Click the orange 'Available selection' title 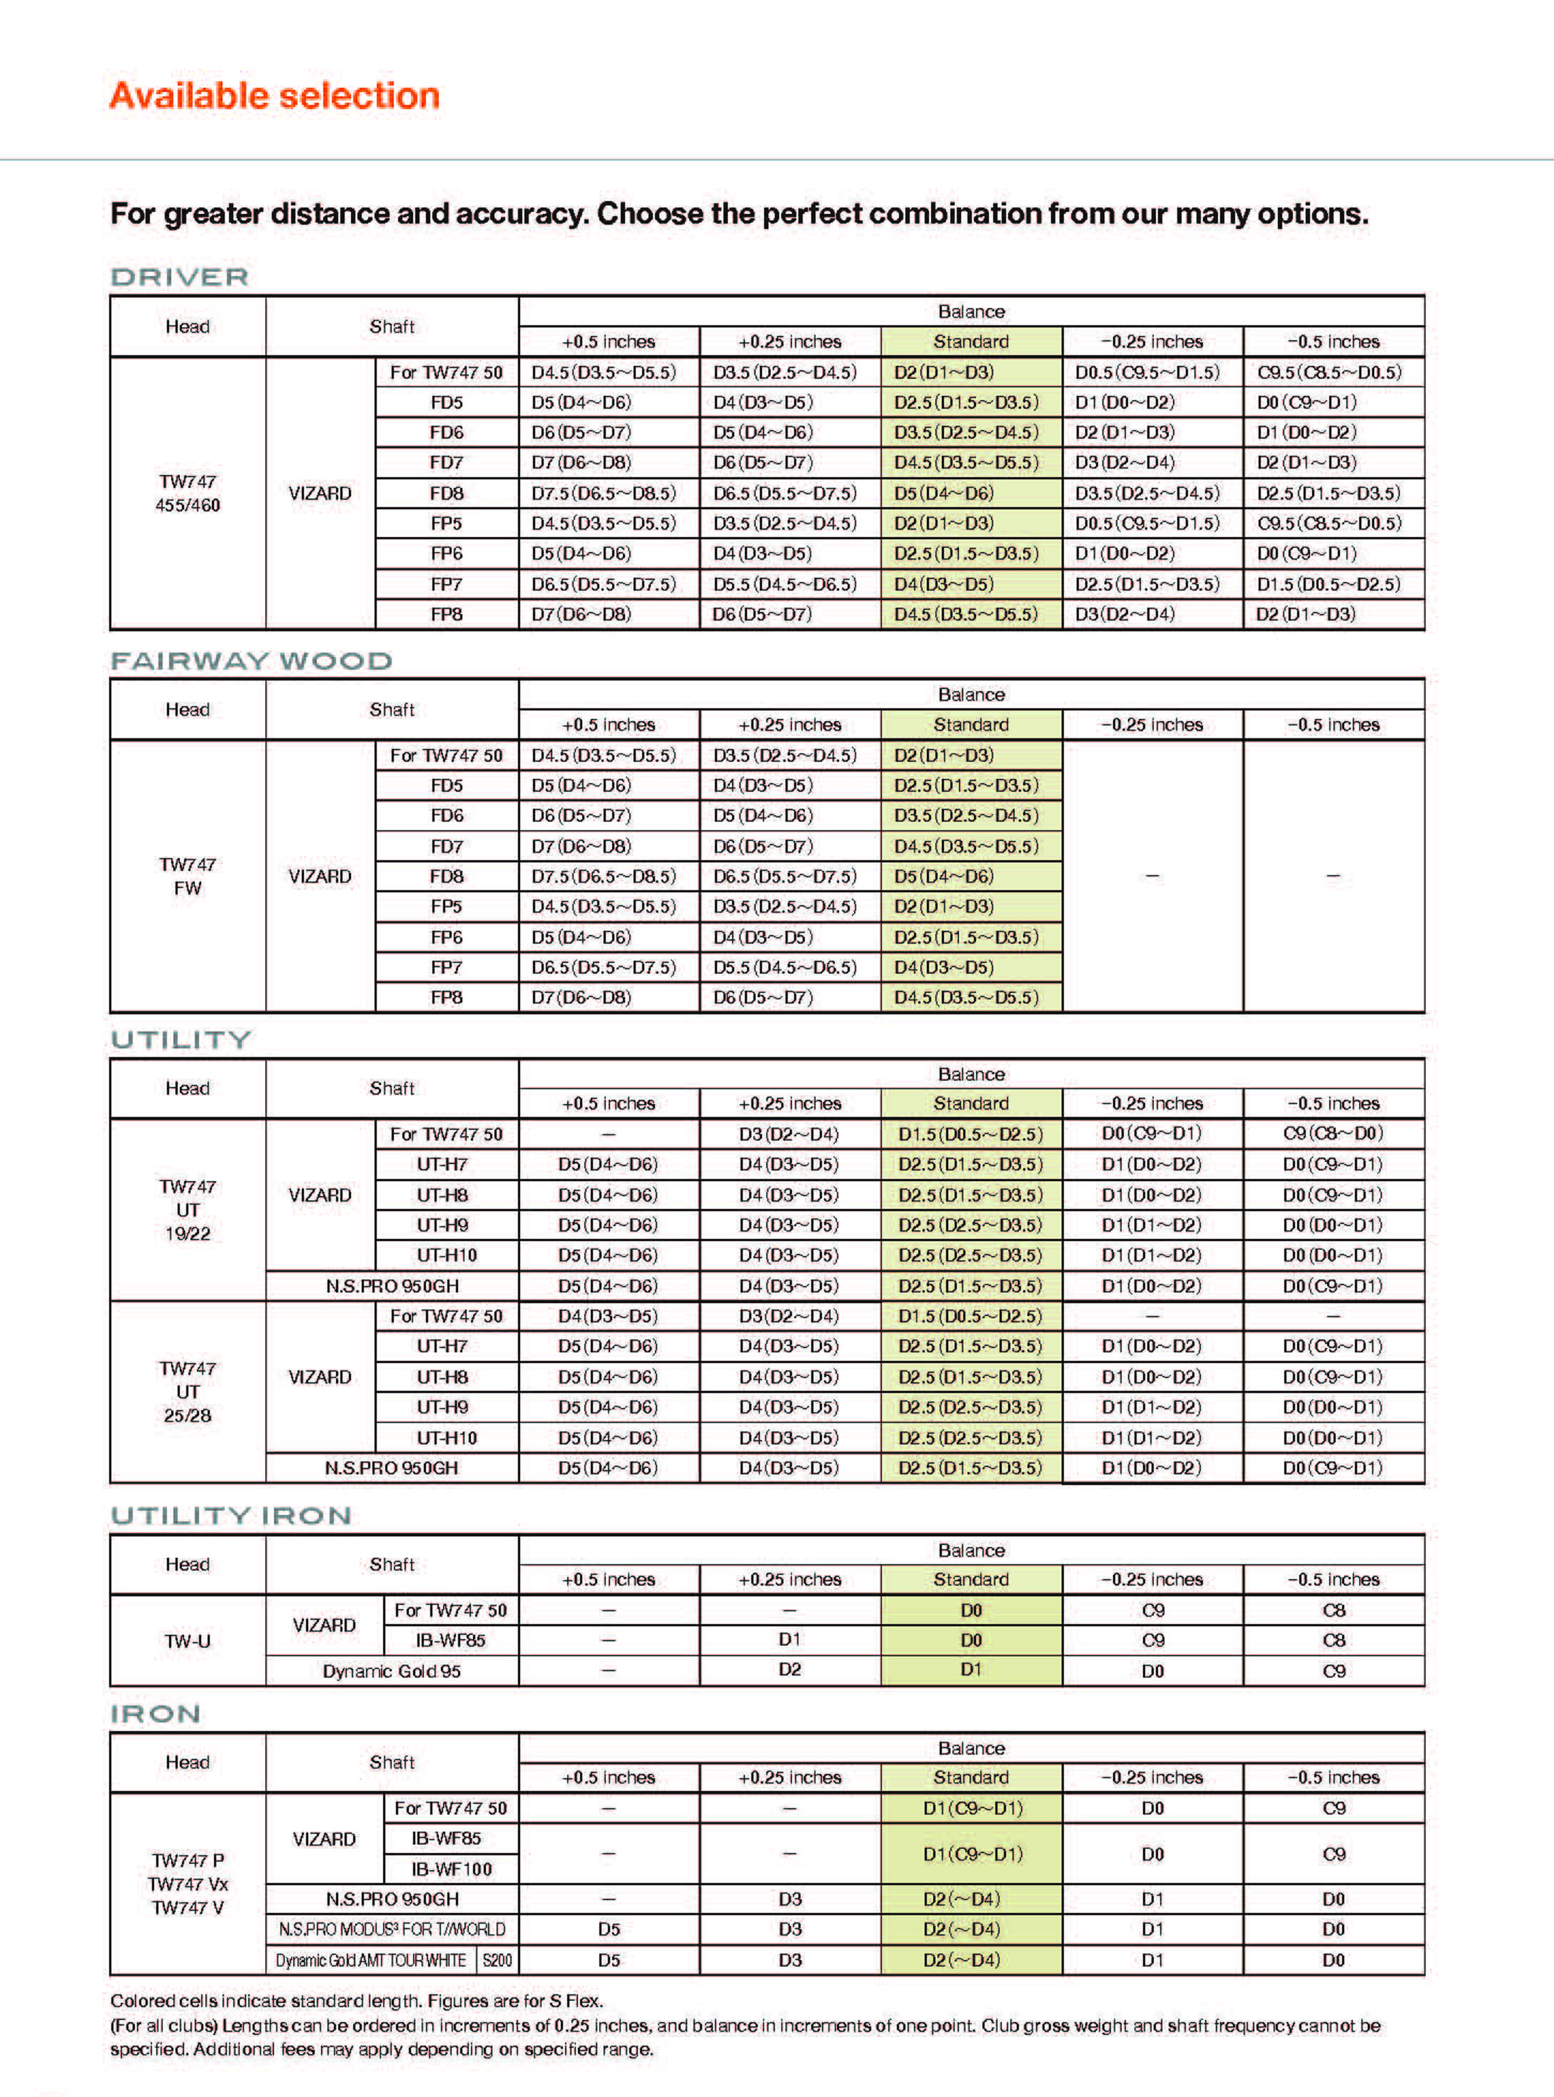(274, 96)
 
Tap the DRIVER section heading (180, 277)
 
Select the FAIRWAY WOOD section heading (251, 661)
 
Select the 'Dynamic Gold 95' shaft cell (391, 1671)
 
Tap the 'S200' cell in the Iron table (497, 1961)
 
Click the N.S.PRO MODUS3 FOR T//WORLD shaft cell (391, 1929)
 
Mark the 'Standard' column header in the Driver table (971, 342)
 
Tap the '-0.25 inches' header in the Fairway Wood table (1152, 725)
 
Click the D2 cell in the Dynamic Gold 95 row (789, 1669)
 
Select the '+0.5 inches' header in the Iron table (609, 1777)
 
